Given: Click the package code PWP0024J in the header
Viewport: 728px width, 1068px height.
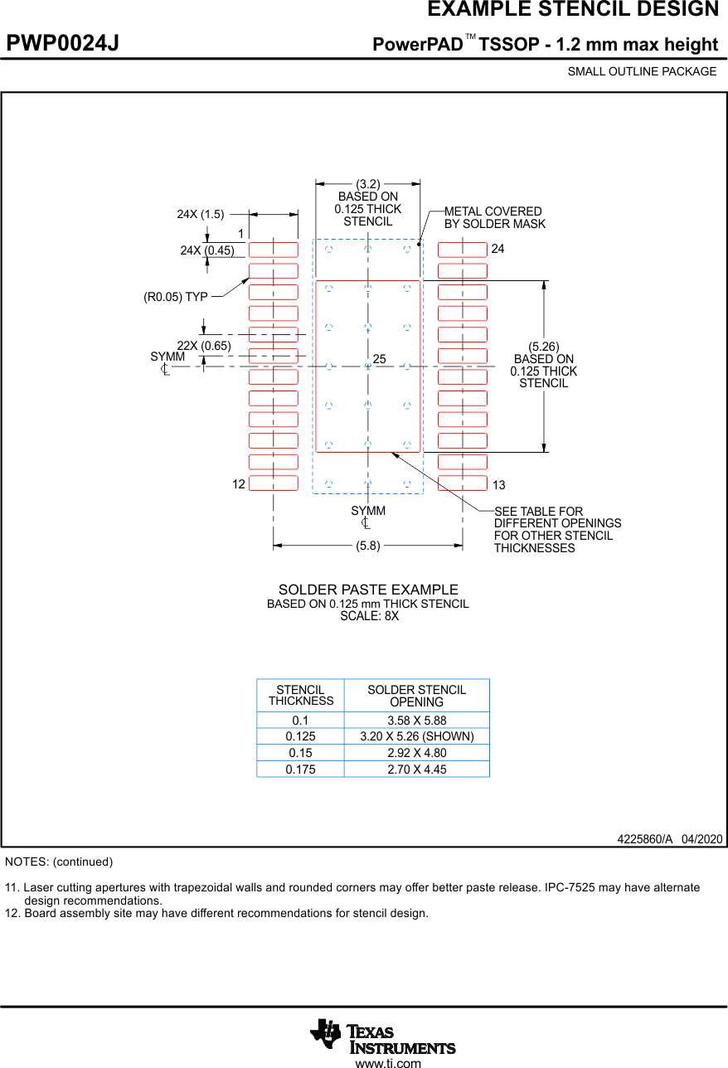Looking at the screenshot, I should pos(63,44).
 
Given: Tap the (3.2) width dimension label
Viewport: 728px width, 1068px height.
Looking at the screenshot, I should pos(367,184).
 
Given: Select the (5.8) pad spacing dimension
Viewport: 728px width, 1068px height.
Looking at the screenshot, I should pos(367,546).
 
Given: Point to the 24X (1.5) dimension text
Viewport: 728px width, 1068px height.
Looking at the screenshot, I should pos(200,214).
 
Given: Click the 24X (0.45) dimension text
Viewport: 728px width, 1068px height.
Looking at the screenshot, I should pos(207,250).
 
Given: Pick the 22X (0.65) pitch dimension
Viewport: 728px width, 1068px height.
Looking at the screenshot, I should pos(204,346).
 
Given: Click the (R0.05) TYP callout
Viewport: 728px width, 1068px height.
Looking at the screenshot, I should pos(176,297).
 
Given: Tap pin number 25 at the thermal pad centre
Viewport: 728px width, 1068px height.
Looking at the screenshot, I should pos(380,359).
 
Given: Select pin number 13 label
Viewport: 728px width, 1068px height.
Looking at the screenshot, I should pos(498,485).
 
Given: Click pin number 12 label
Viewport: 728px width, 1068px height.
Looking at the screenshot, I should pos(239,484).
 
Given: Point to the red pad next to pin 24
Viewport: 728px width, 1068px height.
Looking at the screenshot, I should pos(462,250).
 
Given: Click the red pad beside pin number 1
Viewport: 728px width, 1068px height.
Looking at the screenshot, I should pos(274,250).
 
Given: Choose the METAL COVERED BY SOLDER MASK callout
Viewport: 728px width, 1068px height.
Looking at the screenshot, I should pos(494,217).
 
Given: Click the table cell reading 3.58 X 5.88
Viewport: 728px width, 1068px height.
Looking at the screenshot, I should pos(416,721).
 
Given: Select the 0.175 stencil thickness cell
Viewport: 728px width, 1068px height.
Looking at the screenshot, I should pos(300,769).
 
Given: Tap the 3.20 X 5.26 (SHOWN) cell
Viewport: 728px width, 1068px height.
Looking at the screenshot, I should pos(416,736).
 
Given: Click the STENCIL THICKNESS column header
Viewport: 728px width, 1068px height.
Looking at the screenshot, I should pos(300,695).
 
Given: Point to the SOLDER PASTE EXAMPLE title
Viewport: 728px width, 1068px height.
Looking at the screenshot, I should pos(367,590).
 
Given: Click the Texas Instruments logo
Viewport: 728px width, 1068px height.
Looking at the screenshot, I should pos(382,1036).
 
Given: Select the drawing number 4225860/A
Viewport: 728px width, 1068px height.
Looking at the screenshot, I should pos(644,838).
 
